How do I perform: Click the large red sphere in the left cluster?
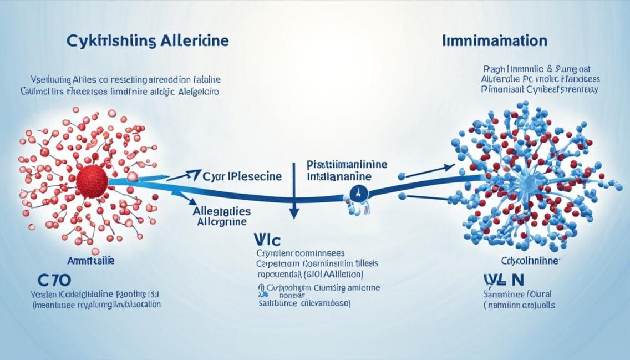pyautogui.click(x=92, y=181)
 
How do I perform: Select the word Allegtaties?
pyautogui.click(x=221, y=211)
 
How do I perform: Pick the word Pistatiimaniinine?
pyautogui.click(x=347, y=166)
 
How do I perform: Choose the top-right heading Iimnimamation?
pyautogui.click(x=495, y=42)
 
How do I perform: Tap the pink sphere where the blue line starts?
pyautogui.click(x=133, y=176)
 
